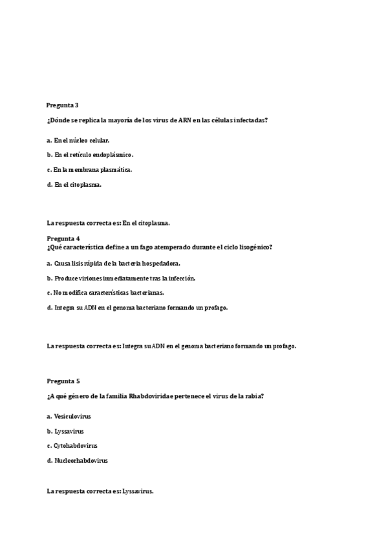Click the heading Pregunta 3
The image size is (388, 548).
tap(63, 105)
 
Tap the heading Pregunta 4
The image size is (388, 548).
tap(63, 238)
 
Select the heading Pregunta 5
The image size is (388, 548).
tap(63, 381)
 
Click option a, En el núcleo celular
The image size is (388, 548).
tap(78, 140)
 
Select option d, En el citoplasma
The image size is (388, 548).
tap(74, 184)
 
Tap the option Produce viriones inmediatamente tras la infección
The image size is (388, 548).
tap(121, 278)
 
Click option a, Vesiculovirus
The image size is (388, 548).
tap(69, 416)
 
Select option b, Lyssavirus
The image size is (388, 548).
tap(65, 431)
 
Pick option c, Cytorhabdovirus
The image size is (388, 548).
tap(72, 446)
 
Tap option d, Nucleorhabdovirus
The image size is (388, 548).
tap(77, 461)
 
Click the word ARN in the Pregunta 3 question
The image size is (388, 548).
tap(184, 120)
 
